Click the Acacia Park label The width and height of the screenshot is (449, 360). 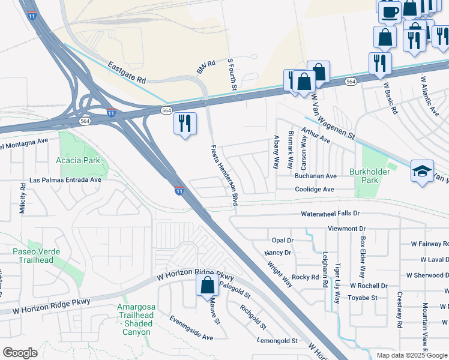tap(77, 161)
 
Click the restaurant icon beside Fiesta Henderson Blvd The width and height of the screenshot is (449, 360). tap(185, 124)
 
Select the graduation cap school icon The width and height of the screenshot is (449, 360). tap(422, 170)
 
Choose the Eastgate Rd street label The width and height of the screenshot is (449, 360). tap(127, 71)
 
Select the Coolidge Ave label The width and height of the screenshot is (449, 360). tap(314, 190)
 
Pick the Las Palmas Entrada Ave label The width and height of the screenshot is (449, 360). tap(65, 181)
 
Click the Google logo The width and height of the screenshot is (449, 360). tap(20, 352)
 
